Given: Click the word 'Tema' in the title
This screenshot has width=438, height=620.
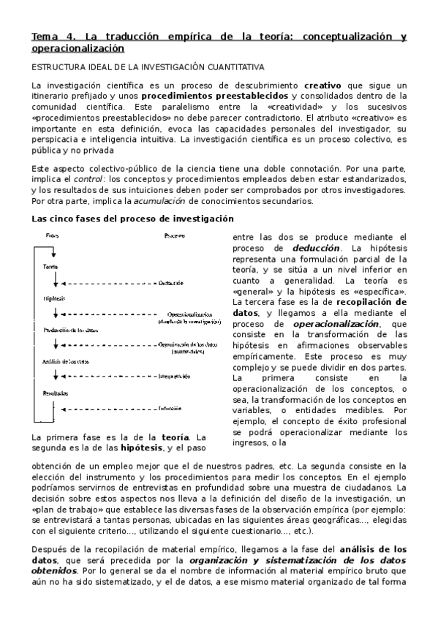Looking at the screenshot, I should pos(43,36).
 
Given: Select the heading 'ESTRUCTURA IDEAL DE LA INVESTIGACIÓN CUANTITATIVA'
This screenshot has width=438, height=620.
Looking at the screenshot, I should pos(147,67).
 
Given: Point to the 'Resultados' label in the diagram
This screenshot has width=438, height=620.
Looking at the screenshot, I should pos(56,393).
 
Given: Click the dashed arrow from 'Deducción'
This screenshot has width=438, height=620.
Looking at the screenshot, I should pos(110,282).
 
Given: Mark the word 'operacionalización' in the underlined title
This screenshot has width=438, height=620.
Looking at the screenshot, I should pos(78,48).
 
